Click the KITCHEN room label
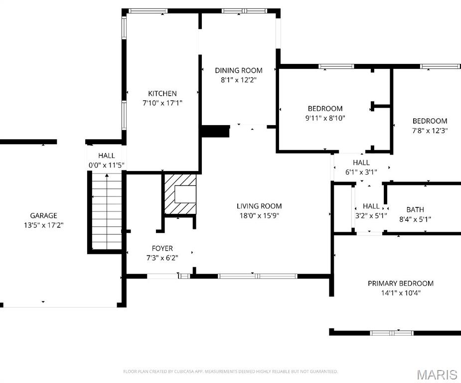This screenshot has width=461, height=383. (x=162, y=94)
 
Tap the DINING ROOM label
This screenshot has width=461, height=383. (x=239, y=70)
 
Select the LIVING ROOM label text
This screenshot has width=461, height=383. (x=259, y=206)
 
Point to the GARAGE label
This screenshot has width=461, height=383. (x=43, y=215)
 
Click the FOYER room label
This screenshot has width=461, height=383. (x=162, y=248)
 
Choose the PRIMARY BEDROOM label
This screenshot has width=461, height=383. (x=401, y=283)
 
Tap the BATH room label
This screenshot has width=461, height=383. (x=415, y=209)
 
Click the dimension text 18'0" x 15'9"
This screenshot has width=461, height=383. (x=259, y=215)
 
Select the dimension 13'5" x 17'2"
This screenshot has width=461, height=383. (x=43, y=225)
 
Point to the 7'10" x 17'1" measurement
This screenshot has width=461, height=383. (x=162, y=103)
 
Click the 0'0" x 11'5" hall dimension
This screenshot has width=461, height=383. (x=107, y=165)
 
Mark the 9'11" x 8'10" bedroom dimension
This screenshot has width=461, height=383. (x=325, y=118)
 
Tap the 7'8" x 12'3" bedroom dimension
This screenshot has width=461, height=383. (x=430, y=130)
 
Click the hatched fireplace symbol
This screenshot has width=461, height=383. (x=180, y=194)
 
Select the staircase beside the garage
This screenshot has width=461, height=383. (x=107, y=211)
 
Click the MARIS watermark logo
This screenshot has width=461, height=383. (x=438, y=375)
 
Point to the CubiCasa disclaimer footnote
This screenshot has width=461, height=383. (x=230, y=372)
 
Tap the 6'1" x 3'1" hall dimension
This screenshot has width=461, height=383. (x=361, y=172)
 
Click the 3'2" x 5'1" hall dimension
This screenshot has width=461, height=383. (x=371, y=215)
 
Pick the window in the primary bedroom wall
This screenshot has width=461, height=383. (x=392, y=333)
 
